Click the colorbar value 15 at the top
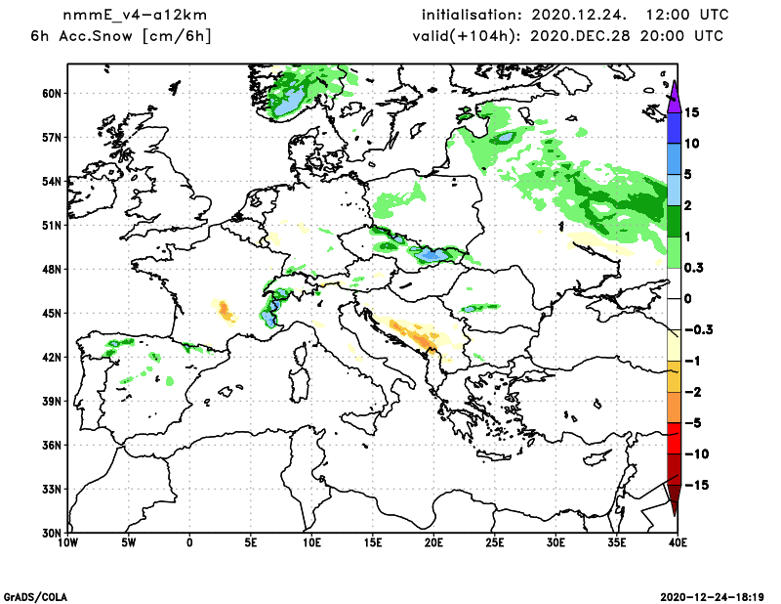click(x=692, y=112)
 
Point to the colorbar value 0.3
click(x=695, y=268)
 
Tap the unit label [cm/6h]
click(x=177, y=36)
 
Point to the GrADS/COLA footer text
click(x=36, y=595)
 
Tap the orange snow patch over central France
click(x=226, y=312)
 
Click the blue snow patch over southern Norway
click(x=290, y=101)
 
